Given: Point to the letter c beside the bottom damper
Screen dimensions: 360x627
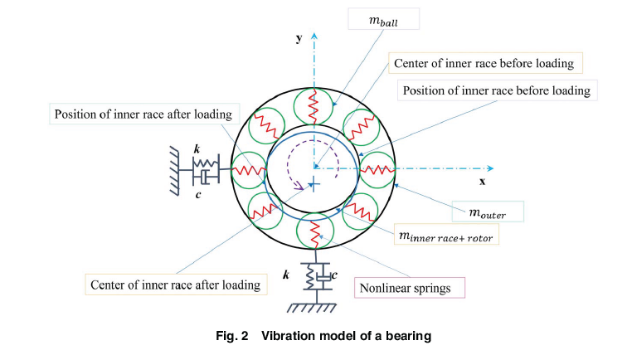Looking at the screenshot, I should click(x=333, y=275).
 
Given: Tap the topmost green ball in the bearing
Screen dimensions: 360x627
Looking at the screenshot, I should click(x=313, y=105).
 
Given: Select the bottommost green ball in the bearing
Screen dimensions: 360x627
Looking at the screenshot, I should click(x=313, y=232).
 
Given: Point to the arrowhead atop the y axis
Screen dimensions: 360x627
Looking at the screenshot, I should click(x=313, y=35).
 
